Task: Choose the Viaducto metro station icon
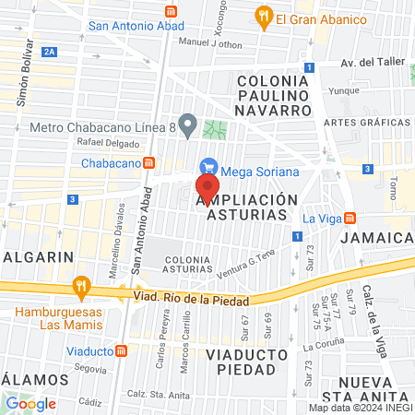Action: (x=122, y=350)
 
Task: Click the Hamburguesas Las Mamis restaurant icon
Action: (x=82, y=286)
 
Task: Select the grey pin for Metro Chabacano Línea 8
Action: (x=188, y=124)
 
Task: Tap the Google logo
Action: (x=30, y=403)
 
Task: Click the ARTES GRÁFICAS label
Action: (x=366, y=123)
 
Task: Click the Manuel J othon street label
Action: (x=210, y=43)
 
